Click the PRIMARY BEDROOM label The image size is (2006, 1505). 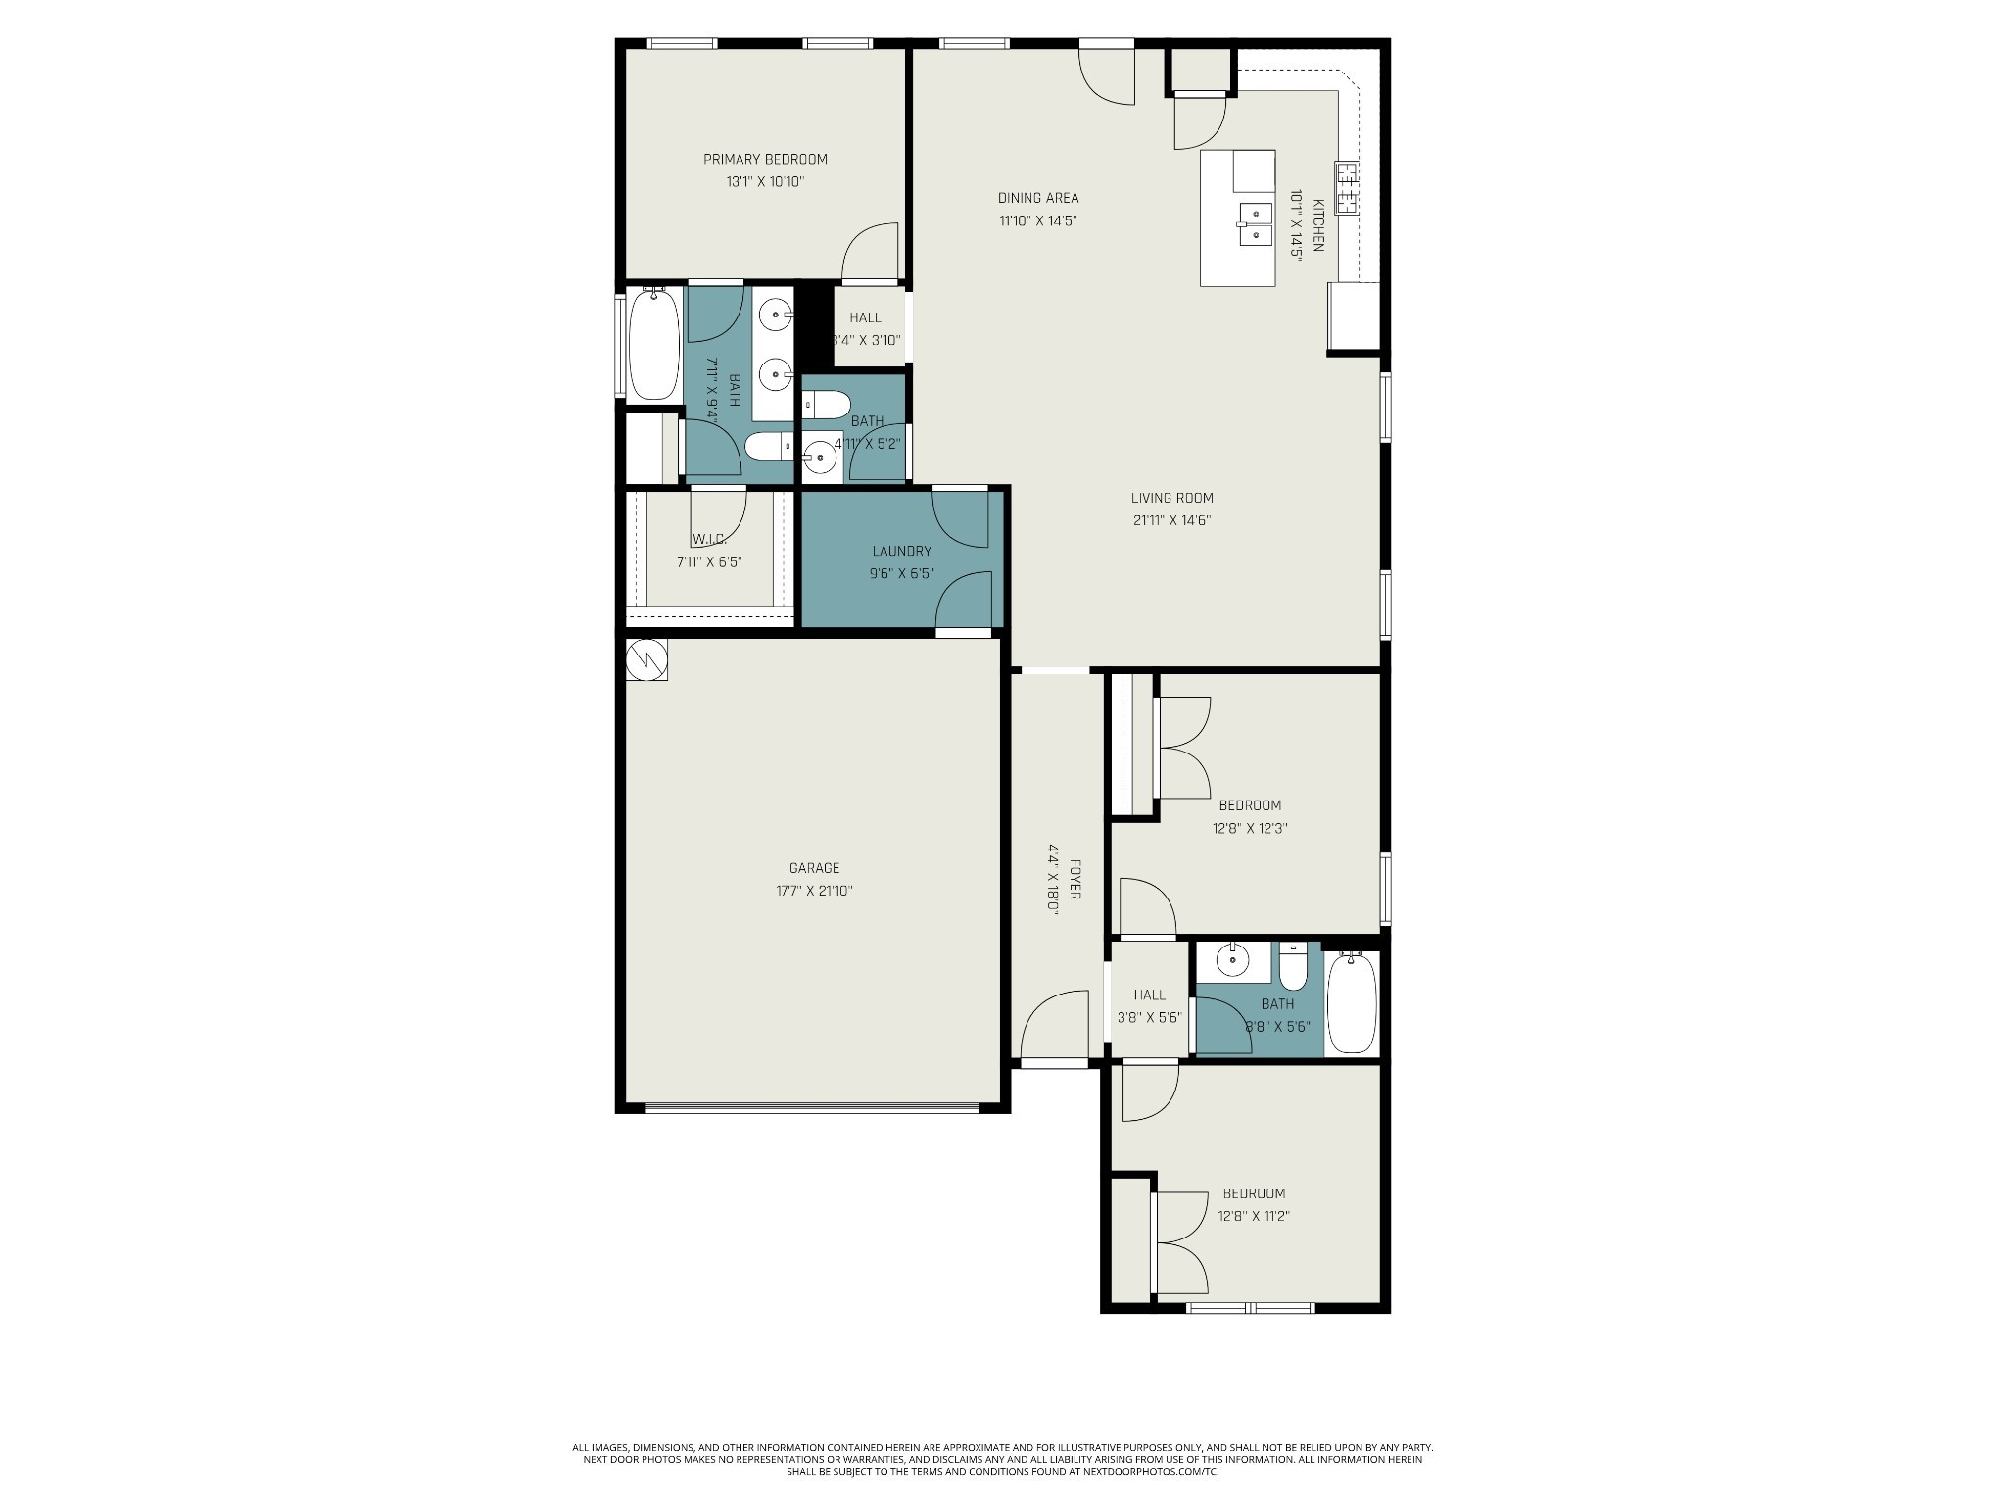765,159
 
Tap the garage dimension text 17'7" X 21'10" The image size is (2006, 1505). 814,891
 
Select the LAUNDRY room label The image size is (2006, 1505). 901,551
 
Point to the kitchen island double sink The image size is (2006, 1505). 1255,224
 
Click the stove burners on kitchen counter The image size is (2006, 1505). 1348,189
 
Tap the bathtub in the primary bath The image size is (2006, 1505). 652,343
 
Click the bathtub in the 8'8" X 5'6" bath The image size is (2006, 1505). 1352,1004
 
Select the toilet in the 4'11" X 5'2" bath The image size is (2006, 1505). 827,404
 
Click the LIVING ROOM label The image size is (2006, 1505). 1171,498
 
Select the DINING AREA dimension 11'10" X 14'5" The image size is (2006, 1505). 1038,220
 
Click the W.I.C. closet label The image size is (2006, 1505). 708,540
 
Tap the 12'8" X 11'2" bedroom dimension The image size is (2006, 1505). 1253,1216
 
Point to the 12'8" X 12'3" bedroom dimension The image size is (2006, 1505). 1249,828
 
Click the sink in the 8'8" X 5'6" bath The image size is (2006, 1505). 1230,960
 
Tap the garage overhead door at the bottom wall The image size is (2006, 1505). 812,1108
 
